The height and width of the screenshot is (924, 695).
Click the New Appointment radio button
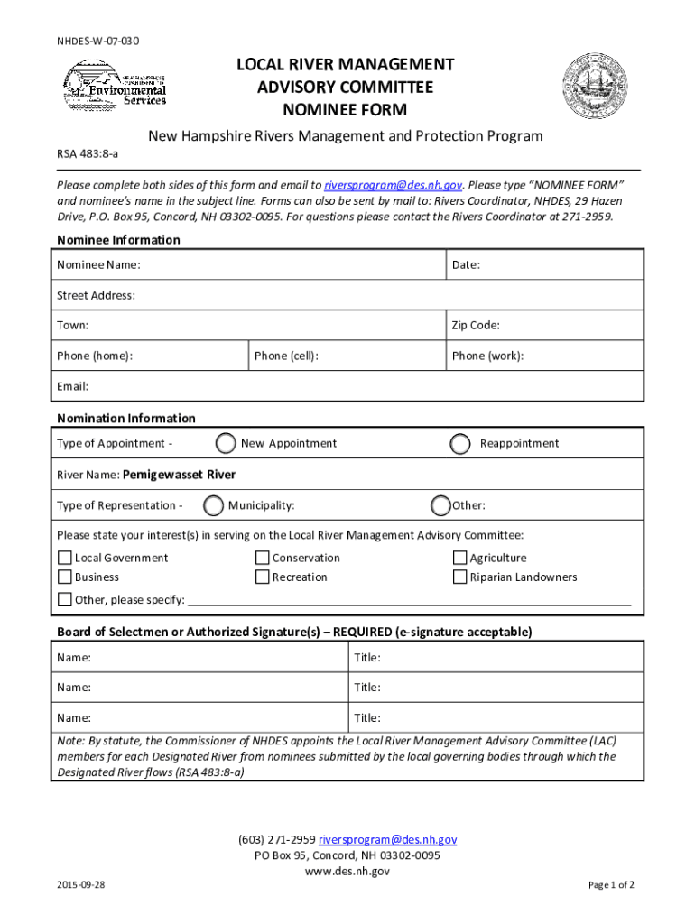point(227,443)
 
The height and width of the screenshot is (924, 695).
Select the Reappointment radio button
point(460,444)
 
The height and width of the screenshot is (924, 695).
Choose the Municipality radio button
point(214,505)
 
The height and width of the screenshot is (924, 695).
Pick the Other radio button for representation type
point(440,505)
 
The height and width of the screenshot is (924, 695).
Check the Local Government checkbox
point(65,559)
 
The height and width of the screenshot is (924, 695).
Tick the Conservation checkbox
point(263,559)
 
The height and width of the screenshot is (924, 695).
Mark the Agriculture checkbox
point(460,559)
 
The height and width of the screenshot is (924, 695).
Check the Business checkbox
point(65,577)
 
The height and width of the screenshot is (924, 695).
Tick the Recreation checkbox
point(263,577)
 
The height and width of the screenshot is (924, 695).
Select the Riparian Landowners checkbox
point(460,577)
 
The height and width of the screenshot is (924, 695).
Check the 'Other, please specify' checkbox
point(65,600)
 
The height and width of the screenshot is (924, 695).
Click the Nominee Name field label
point(98,265)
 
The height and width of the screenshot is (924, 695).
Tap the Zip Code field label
point(476,325)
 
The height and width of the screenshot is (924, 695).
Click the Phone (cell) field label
point(286,356)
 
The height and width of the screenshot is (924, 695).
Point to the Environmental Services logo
point(115,85)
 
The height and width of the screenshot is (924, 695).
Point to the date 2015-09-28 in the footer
point(80,885)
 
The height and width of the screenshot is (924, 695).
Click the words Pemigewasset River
point(180,475)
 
